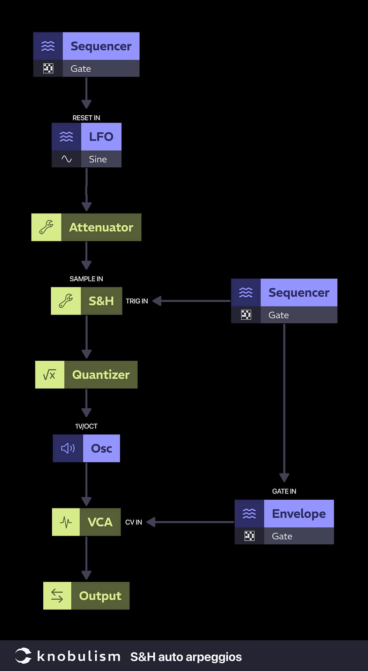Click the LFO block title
101,137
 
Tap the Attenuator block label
101,228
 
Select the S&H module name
101,301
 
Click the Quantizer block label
101,375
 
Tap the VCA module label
100,522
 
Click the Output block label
100,596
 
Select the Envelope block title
299,514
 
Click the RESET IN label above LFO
86,118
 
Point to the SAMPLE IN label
86,279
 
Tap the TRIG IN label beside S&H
137,301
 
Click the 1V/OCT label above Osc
86,426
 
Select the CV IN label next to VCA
133,522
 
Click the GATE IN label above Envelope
284,491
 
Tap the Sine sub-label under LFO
98,159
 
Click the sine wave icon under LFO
66,159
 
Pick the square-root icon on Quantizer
50,375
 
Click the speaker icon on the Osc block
68,448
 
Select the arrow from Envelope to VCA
192,522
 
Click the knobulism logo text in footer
79,656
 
